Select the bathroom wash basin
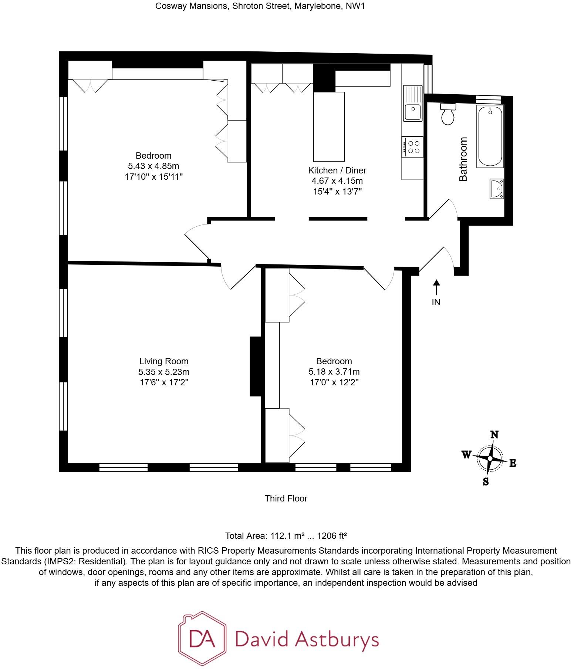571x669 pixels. (497, 189)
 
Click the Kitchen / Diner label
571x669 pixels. (337, 170)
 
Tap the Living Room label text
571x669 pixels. (163, 361)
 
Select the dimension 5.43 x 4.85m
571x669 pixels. (153, 166)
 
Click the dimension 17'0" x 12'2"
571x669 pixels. (334, 382)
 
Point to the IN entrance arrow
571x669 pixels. (436, 288)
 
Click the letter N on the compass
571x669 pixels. (494, 435)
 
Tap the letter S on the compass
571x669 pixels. (486, 482)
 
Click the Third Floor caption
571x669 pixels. (286, 499)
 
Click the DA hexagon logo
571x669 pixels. (202, 639)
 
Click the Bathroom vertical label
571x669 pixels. (463, 159)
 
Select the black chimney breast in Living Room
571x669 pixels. (256, 366)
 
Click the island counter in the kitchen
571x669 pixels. (329, 127)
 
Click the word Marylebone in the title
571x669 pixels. (318, 6)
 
